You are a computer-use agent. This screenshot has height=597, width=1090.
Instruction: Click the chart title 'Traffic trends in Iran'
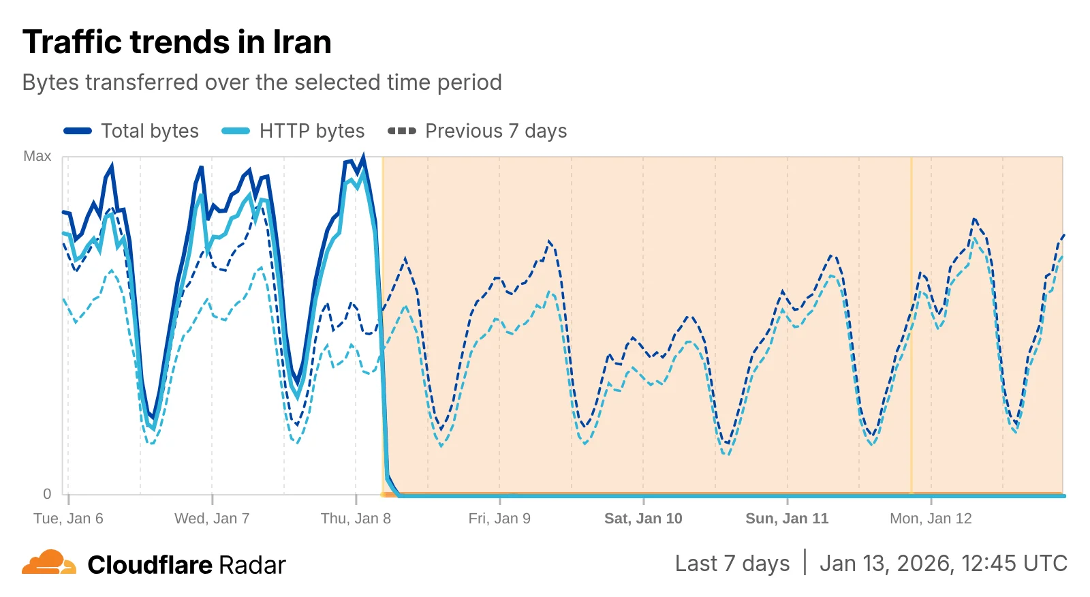(x=176, y=42)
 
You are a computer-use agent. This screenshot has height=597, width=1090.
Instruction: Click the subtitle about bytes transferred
(x=262, y=82)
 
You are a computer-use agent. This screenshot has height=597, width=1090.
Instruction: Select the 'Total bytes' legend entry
(x=149, y=131)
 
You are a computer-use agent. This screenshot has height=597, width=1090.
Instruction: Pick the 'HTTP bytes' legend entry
(x=311, y=131)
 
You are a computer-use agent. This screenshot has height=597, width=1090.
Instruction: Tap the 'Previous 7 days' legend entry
(x=495, y=131)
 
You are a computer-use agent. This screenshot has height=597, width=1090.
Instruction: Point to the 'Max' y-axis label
(x=37, y=156)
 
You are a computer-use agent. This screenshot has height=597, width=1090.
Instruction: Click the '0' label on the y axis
(x=47, y=493)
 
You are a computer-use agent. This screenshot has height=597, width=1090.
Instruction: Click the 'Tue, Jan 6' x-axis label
(x=68, y=519)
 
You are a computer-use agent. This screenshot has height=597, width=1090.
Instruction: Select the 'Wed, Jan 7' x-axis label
(x=212, y=519)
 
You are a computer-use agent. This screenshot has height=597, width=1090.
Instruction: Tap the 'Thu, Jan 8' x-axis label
(x=356, y=519)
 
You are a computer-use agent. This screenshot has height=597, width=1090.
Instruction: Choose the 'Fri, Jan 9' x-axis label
(x=499, y=519)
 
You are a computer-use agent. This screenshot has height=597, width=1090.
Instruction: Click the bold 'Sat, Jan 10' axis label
(x=643, y=519)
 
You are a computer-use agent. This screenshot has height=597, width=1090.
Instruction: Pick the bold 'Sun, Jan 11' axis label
(x=787, y=519)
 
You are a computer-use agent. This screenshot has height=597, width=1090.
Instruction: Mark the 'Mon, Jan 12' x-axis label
(x=931, y=519)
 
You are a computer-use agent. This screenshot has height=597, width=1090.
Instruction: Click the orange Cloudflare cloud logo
(x=48, y=563)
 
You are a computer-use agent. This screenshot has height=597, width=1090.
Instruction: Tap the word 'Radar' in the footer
(x=252, y=565)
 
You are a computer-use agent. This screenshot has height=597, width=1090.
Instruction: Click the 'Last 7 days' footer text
(x=732, y=564)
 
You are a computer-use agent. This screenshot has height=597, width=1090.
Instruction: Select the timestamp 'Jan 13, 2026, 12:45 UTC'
(x=943, y=564)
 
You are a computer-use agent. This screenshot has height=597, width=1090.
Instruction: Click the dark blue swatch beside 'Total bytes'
(x=78, y=131)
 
